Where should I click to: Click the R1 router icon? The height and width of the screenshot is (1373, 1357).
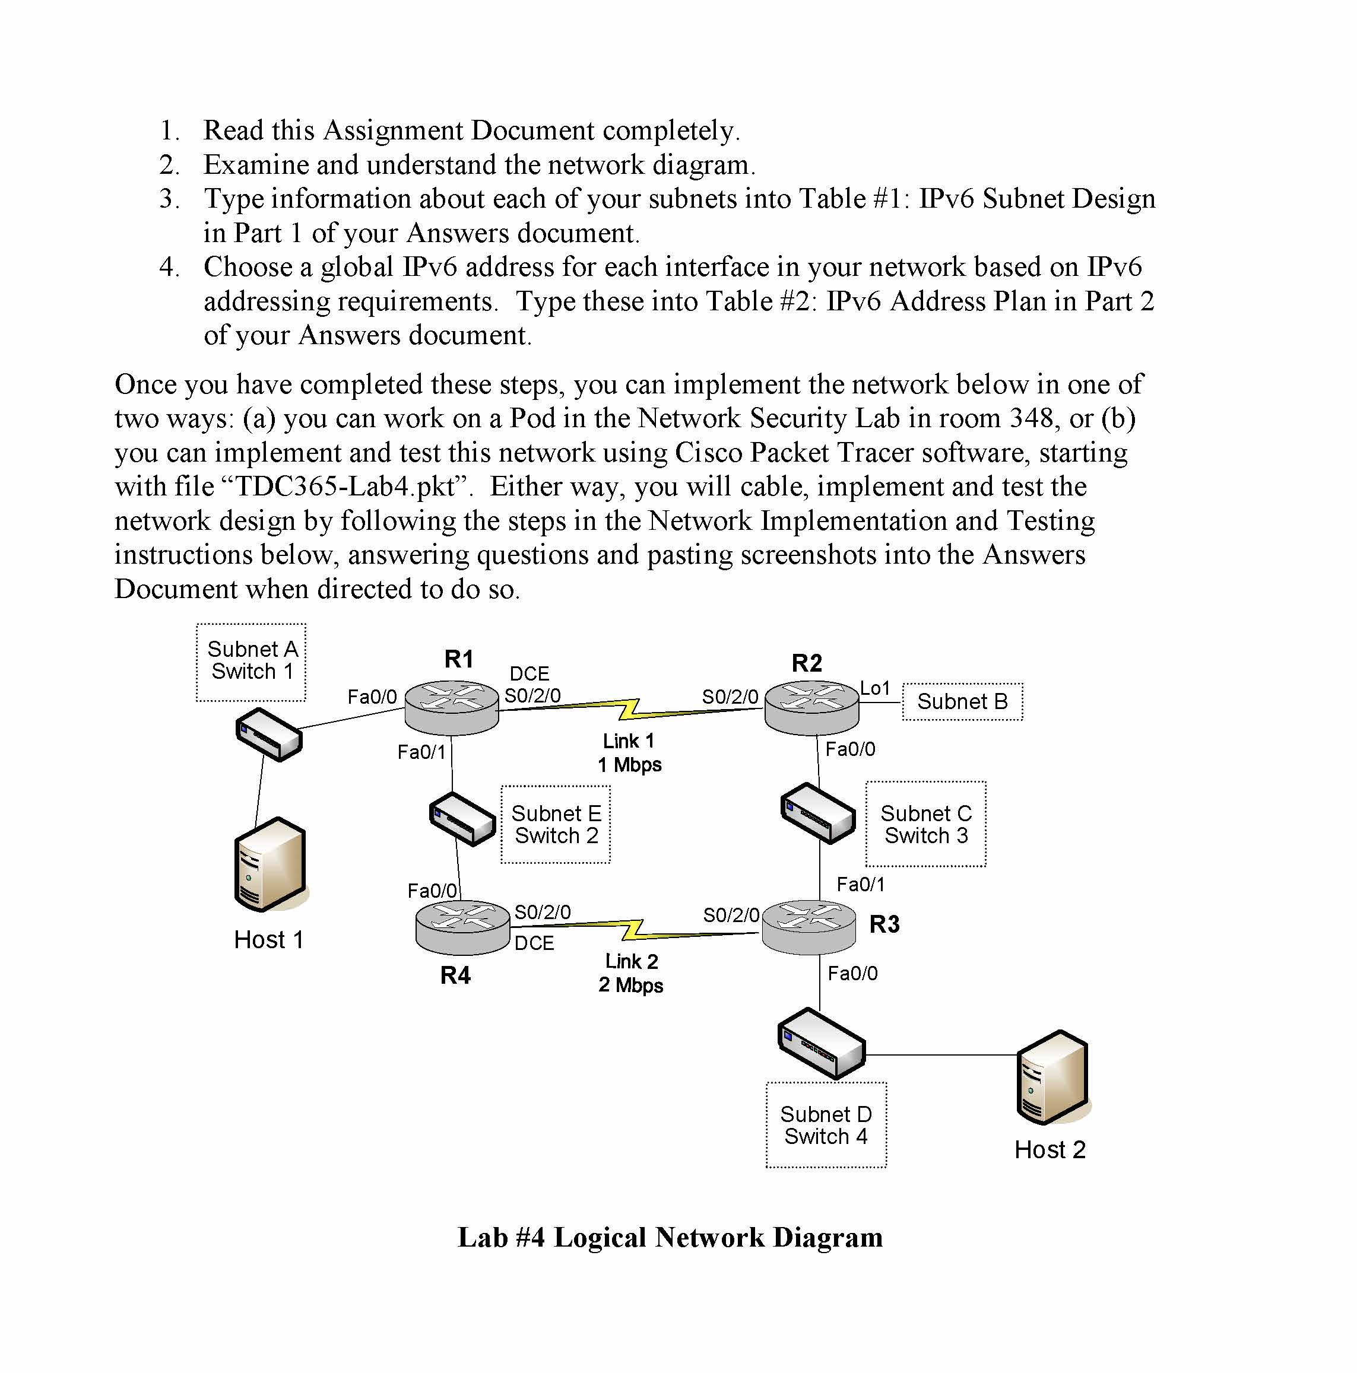(451, 707)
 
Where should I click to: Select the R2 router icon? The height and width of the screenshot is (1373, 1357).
(811, 707)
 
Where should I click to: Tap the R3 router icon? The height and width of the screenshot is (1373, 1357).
(809, 927)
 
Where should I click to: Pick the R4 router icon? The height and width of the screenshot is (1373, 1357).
(462, 927)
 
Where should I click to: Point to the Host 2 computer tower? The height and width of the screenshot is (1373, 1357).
(1052, 1078)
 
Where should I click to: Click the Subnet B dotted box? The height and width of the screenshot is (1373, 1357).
(962, 701)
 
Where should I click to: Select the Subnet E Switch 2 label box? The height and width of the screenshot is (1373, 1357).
(555, 824)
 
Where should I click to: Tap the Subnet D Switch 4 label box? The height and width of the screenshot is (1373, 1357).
(825, 1125)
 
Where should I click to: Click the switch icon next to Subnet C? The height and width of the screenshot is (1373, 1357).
(817, 813)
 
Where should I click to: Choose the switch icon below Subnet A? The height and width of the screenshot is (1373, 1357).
(269, 734)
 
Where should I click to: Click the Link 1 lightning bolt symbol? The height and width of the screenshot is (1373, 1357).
(630, 709)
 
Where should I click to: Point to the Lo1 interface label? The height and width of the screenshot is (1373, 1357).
(874, 688)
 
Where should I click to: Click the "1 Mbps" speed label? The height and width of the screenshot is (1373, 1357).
(629, 765)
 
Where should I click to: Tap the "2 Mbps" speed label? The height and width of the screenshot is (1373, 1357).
(630, 985)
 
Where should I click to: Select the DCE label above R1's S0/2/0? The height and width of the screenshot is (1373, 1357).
(529, 673)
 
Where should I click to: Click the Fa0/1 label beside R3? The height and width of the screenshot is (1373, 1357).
(860, 884)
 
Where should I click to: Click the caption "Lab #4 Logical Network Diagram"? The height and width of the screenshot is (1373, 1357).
(670, 1237)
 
